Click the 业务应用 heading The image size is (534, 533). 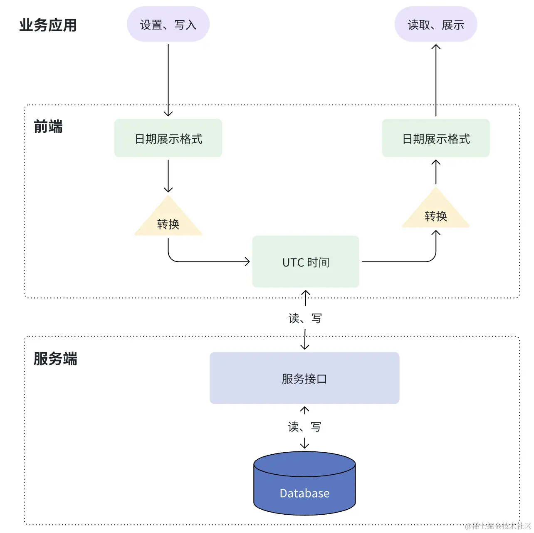(x=48, y=25)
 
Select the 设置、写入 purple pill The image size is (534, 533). (x=168, y=24)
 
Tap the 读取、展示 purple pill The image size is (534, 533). (x=435, y=24)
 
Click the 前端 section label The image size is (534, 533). (x=48, y=127)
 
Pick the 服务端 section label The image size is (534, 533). (x=55, y=359)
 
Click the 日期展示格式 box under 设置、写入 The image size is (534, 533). (x=168, y=138)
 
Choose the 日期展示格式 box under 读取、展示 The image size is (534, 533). (x=435, y=138)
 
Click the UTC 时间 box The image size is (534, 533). (x=306, y=262)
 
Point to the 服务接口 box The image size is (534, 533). (x=304, y=378)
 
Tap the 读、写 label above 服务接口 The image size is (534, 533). (x=305, y=318)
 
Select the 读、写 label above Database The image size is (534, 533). (x=304, y=426)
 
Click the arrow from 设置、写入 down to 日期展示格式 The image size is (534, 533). (x=168, y=80)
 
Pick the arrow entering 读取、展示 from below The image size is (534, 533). (x=436, y=80)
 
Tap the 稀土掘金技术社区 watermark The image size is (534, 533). (x=497, y=526)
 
